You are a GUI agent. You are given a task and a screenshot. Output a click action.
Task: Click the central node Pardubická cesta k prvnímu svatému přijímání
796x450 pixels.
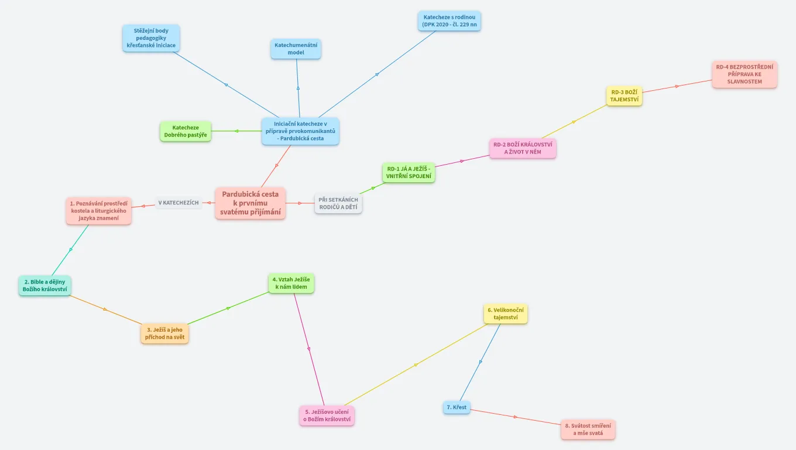[250, 203]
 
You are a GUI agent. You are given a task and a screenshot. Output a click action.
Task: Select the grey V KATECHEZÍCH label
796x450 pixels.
[179, 203]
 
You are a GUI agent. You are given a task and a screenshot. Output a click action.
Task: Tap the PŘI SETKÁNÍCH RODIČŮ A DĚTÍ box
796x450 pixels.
[338, 203]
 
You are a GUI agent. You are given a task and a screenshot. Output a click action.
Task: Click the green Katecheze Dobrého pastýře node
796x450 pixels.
[185, 131]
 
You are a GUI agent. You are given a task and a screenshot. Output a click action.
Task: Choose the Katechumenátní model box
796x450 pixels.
[296, 49]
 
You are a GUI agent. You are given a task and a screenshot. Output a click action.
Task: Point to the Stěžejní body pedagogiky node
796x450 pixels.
[151, 38]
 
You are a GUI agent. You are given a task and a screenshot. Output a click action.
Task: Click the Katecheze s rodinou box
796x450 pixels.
[449, 21]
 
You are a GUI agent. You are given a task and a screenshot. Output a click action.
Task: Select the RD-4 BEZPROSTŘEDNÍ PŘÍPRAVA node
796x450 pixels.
[744, 74]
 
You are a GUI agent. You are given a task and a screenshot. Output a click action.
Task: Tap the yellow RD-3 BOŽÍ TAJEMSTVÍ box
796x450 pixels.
[624, 96]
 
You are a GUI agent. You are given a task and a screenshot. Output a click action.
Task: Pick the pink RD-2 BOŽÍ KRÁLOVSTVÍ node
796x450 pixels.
[522, 148]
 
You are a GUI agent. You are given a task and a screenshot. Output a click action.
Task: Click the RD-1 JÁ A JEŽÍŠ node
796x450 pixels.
[409, 172]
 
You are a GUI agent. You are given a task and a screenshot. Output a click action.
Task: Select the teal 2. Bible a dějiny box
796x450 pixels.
[44, 286]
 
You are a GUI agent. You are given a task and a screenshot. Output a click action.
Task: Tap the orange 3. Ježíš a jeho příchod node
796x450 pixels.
[164, 333]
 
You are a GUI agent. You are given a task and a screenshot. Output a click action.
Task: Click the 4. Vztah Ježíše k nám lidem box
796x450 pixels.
[291, 283]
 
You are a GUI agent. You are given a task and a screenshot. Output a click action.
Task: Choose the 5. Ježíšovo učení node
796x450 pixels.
[327, 415]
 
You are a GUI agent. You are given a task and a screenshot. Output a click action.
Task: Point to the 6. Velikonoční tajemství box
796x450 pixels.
[505, 313]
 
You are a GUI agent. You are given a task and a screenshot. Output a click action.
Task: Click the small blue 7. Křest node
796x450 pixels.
[457, 407]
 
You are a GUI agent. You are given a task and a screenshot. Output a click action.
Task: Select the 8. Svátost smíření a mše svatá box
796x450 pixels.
[588, 429]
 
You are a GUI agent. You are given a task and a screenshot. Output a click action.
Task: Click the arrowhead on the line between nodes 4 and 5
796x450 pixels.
[309, 349]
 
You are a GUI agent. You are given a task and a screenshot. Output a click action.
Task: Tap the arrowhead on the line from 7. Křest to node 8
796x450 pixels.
[516, 417]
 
